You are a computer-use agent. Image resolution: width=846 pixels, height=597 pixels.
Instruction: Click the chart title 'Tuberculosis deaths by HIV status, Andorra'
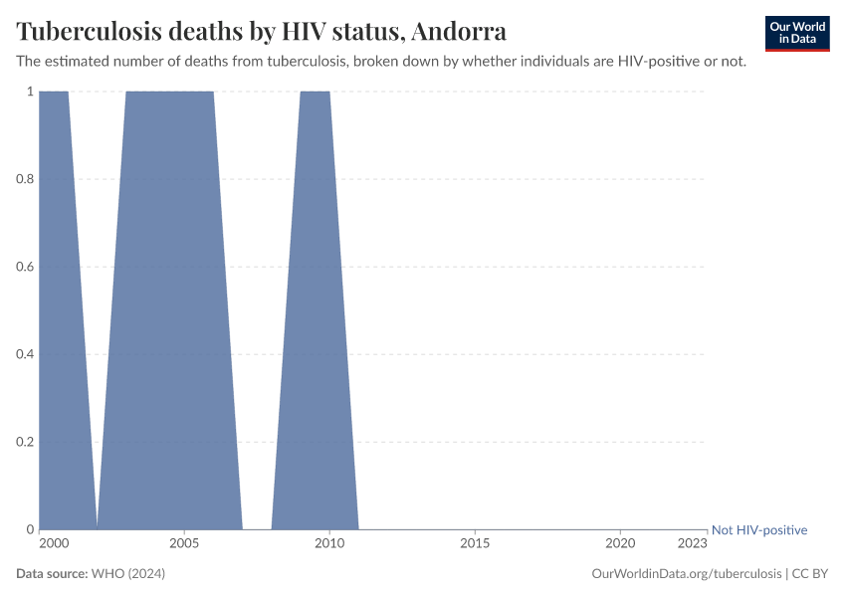click(261, 31)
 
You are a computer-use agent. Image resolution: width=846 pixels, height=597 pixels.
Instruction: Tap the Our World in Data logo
click(797, 33)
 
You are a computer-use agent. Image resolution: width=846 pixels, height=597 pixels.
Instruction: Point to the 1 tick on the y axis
click(30, 92)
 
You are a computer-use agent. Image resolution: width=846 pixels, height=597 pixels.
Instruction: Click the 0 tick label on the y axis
click(30, 529)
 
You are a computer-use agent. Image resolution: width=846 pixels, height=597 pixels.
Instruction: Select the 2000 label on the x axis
click(54, 544)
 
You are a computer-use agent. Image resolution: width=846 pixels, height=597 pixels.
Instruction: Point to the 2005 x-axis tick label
click(184, 544)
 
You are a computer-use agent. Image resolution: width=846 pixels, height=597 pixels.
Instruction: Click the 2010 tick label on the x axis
click(329, 544)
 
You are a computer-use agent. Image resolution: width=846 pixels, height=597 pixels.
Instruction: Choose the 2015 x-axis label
click(475, 544)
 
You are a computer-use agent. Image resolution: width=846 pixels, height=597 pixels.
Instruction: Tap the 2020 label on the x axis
click(620, 544)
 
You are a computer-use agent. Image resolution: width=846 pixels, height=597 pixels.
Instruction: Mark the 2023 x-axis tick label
click(692, 544)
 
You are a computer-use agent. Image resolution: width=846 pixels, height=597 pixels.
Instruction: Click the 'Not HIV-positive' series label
click(759, 530)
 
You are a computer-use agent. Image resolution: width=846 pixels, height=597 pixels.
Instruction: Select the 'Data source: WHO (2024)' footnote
click(91, 574)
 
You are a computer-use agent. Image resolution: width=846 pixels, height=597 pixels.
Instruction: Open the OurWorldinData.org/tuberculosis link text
click(685, 574)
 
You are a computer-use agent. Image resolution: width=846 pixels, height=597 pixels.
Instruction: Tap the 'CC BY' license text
click(810, 574)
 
